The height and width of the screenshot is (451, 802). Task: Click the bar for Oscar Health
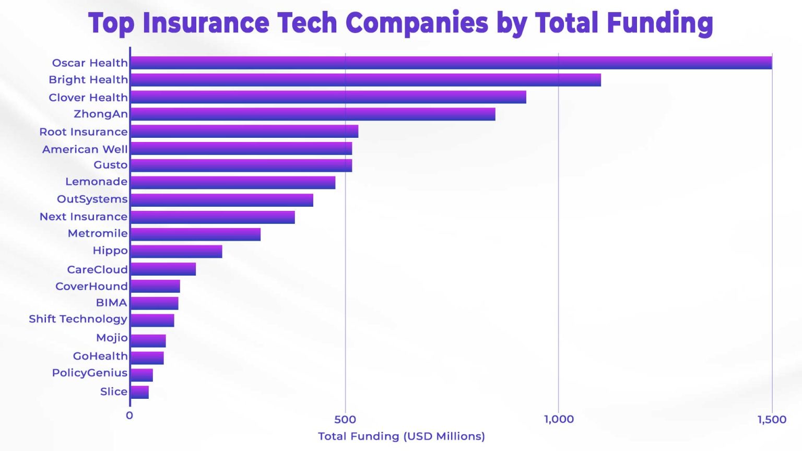pos(451,63)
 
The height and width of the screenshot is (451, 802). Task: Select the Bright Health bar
pos(365,80)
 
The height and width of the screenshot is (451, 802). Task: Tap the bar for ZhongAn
pos(312,114)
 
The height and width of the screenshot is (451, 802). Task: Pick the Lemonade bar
pos(232,183)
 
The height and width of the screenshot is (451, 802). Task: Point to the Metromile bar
pos(195,234)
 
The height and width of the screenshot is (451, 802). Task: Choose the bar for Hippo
pos(176,252)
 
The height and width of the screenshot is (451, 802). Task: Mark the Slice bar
pos(139,392)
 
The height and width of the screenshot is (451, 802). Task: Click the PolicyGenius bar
pos(141,375)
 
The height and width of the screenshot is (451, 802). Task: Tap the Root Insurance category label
pos(84,132)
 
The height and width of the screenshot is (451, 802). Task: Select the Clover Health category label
pos(88,97)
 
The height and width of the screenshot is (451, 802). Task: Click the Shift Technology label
pos(78,319)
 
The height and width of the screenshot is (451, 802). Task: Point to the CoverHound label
pos(91,286)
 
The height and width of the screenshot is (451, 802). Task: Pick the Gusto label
pos(111,165)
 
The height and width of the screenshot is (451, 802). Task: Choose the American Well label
pos(85,149)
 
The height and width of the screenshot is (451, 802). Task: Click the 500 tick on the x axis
pos(345,419)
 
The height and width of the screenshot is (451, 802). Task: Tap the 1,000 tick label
pos(559,419)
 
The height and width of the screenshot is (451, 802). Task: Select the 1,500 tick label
pos(772,419)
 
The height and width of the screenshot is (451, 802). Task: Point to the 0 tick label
pos(129,416)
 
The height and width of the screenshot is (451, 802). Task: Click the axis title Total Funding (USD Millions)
pos(401,436)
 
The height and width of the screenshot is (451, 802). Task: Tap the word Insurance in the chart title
pos(206,23)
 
